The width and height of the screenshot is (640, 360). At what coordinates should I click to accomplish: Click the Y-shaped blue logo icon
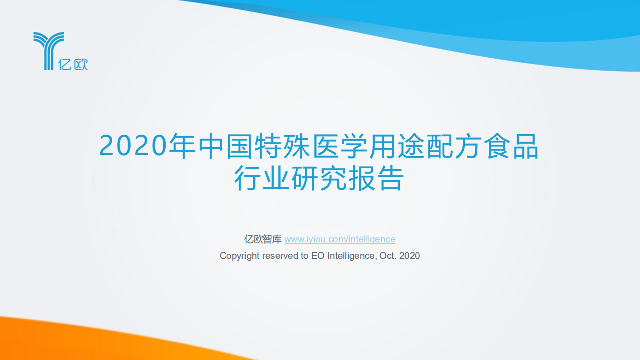point(48,50)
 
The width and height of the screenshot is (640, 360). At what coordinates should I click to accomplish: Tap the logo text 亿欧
point(73,64)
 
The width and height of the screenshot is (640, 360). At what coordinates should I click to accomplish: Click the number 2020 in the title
point(133,146)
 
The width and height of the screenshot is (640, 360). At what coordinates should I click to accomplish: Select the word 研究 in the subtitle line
point(319,179)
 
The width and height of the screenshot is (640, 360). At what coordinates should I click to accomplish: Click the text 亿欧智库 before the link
point(263,239)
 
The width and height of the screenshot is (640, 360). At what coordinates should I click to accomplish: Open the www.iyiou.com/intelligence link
point(340,239)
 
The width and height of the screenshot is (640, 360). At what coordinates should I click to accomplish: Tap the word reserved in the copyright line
point(280,256)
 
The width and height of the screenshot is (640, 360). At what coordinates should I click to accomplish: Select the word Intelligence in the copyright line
point(350,256)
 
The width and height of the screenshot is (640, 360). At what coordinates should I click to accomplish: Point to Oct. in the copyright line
point(388,256)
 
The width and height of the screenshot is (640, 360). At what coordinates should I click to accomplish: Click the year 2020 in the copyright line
point(409,256)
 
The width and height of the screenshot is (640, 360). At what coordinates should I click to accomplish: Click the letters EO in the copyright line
point(318,256)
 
